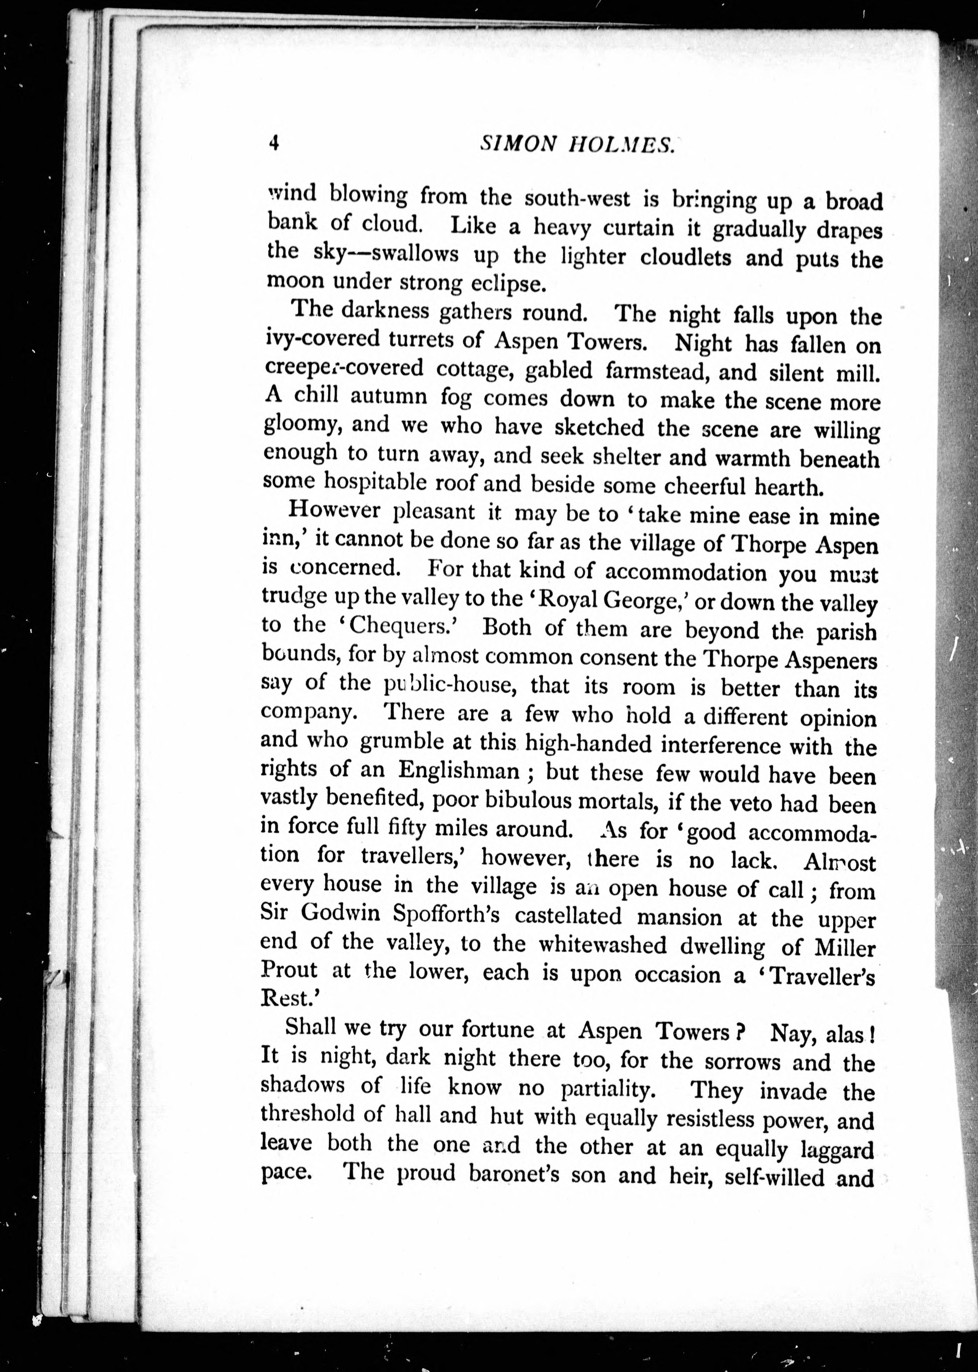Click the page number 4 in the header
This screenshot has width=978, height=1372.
274,144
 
